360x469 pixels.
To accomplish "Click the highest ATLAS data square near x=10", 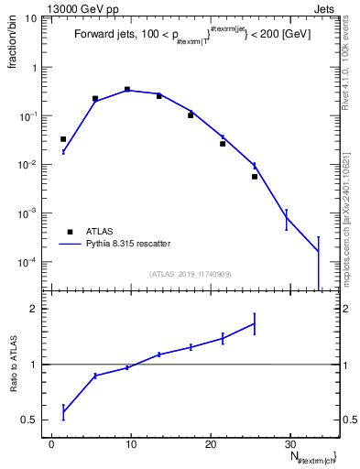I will (127, 89).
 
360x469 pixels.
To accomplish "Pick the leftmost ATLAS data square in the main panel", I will (63, 139).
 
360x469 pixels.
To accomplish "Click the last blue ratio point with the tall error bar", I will (255, 322).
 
